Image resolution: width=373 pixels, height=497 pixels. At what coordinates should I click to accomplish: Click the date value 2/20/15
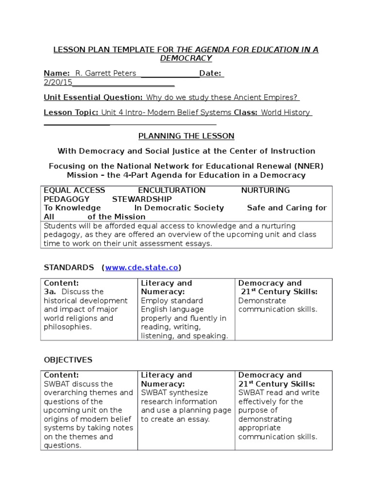click(58, 83)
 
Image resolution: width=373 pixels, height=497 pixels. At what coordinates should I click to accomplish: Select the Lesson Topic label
click(71, 113)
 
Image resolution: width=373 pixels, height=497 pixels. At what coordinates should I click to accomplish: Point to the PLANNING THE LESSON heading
click(186, 136)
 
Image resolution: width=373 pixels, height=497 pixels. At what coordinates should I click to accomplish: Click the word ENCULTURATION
click(171, 190)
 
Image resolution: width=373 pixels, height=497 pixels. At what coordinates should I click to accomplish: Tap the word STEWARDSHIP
click(142, 199)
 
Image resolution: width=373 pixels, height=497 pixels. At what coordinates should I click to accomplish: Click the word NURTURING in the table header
click(265, 190)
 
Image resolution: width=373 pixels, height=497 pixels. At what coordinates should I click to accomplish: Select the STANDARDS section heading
click(69, 267)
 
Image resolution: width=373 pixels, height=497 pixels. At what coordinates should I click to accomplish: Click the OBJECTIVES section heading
click(68, 360)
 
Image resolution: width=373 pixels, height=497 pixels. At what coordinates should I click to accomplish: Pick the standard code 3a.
click(50, 292)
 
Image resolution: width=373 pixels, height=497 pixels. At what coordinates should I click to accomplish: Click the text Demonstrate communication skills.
click(277, 305)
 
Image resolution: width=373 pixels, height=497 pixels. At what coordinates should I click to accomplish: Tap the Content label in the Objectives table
click(61, 375)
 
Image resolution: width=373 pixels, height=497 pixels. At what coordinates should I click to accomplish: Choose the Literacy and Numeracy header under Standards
click(166, 287)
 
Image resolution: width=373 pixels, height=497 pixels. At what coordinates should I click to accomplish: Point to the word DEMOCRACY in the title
click(186, 59)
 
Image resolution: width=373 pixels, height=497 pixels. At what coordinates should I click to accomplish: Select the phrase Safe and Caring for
click(287, 208)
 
